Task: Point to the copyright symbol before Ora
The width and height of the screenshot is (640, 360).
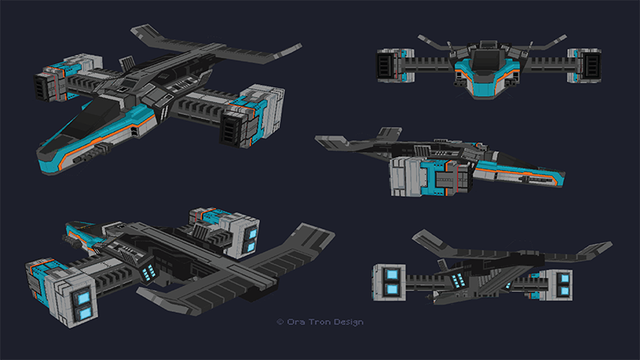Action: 280,322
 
